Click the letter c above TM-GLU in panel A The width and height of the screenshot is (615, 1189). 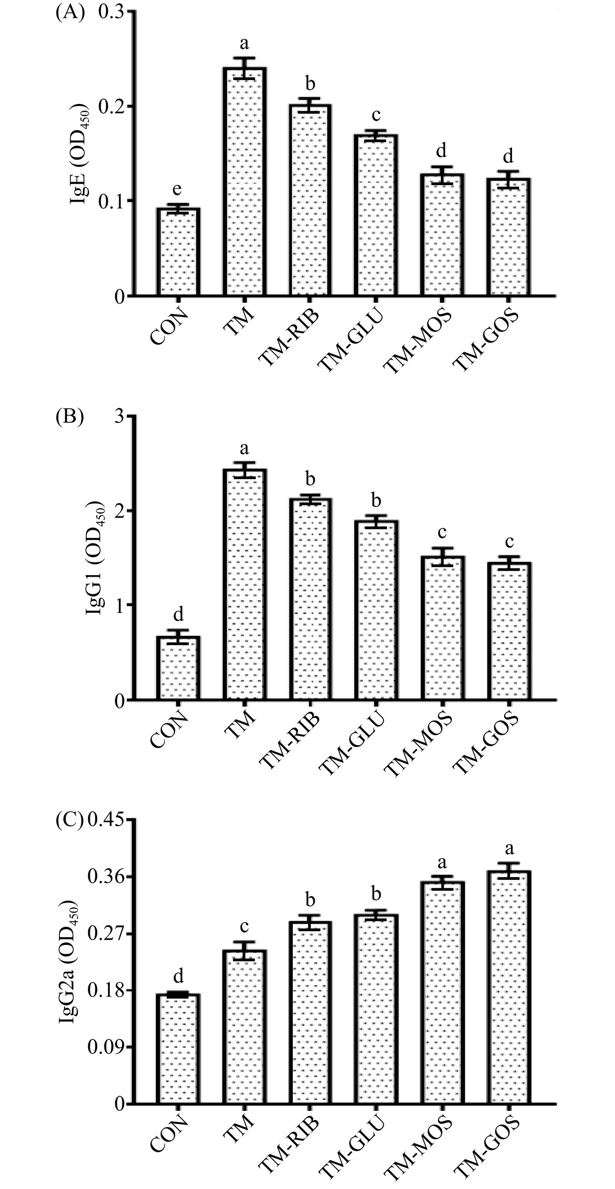coord(376,116)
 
